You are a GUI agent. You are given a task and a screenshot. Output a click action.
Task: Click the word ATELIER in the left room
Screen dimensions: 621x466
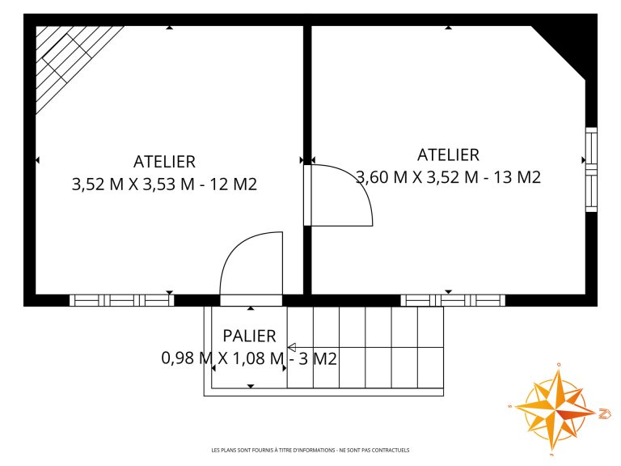tap(164, 162)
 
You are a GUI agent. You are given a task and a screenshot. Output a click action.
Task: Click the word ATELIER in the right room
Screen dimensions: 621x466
tap(448, 155)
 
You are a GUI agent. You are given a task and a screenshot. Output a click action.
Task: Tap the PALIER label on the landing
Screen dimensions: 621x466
tap(250, 336)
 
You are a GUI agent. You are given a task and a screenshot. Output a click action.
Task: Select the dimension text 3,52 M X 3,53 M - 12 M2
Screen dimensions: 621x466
tap(164, 184)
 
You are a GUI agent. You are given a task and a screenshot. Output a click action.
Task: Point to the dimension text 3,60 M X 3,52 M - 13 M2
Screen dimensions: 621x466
tap(448, 177)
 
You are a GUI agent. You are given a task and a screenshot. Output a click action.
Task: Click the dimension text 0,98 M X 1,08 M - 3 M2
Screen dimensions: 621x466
tap(250, 358)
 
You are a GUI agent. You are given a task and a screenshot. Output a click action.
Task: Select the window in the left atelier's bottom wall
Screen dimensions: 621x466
tap(122, 300)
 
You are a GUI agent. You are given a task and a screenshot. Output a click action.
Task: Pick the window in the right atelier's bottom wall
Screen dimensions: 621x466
tap(453, 300)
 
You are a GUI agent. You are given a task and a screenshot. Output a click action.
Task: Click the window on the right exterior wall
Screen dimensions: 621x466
tap(591, 170)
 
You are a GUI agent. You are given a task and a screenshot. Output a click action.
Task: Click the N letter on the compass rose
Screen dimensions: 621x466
tap(605, 413)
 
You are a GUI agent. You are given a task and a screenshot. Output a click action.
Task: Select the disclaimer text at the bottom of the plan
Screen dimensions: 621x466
tap(310, 450)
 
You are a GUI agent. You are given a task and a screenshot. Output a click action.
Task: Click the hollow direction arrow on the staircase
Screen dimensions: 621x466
tap(292, 348)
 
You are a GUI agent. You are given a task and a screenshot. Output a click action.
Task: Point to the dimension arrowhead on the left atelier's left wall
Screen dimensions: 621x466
tap(38, 160)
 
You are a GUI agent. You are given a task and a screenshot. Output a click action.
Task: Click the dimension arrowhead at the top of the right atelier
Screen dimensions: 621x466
tap(448, 28)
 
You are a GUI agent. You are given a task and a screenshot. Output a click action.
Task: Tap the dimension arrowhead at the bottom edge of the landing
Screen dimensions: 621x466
tap(251, 386)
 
